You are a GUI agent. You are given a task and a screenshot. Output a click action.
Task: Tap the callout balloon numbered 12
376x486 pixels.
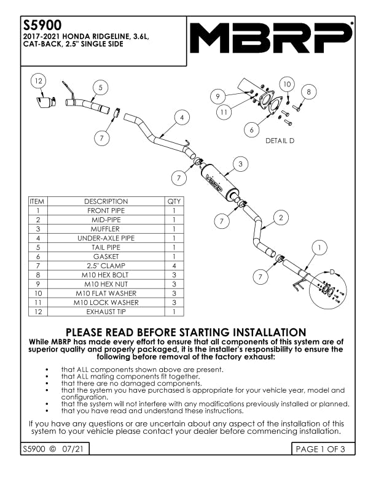(x=38, y=81)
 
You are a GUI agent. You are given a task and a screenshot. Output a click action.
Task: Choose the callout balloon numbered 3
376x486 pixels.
(x=241, y=164)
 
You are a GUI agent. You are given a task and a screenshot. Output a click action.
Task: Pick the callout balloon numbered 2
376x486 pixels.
(x=281, y=217)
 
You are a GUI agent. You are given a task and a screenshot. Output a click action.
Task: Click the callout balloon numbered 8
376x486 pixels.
(x=308, y=91)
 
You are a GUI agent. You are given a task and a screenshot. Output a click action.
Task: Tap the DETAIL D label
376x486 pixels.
(x=280, y=141)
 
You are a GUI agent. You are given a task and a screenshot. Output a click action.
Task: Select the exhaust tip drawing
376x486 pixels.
(x=45, y=101)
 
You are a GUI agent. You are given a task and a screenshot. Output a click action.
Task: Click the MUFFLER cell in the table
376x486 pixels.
(x=106, y=229)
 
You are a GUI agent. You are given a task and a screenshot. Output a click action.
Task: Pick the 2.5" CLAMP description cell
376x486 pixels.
(x=106, y=266)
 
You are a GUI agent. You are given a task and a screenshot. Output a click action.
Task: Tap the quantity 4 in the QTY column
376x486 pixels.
(x=174, y=266)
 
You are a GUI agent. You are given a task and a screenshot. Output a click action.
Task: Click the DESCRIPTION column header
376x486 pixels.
(x=106, y=201)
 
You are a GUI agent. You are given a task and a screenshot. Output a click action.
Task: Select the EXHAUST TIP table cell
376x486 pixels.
(x=106, y=312)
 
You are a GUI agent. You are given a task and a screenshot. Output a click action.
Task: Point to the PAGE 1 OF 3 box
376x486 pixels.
(x=325, y=449)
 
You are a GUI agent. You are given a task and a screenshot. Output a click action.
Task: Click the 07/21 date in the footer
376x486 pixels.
(x=72, y=449)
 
